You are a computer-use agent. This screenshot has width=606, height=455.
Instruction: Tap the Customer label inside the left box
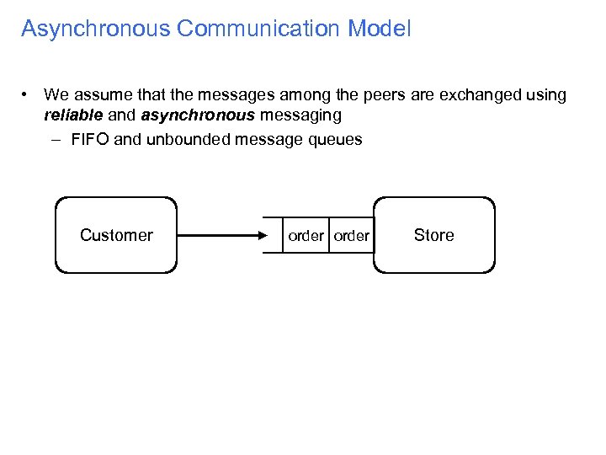[x=116, y=235]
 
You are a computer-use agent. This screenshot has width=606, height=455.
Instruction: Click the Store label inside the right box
[x=433, y=235]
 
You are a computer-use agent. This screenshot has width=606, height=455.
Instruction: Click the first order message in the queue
[x=306, y=236]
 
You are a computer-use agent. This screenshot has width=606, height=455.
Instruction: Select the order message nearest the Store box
[x=351, y=236]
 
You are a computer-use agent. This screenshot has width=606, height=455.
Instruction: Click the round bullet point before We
[x=28, y=94]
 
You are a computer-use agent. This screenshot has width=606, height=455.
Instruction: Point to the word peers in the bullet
[x=318, y=95]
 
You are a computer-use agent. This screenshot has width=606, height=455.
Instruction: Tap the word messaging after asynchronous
[x=300, y=115]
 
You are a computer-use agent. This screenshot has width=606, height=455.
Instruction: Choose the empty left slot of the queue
[x=273, y=236]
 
